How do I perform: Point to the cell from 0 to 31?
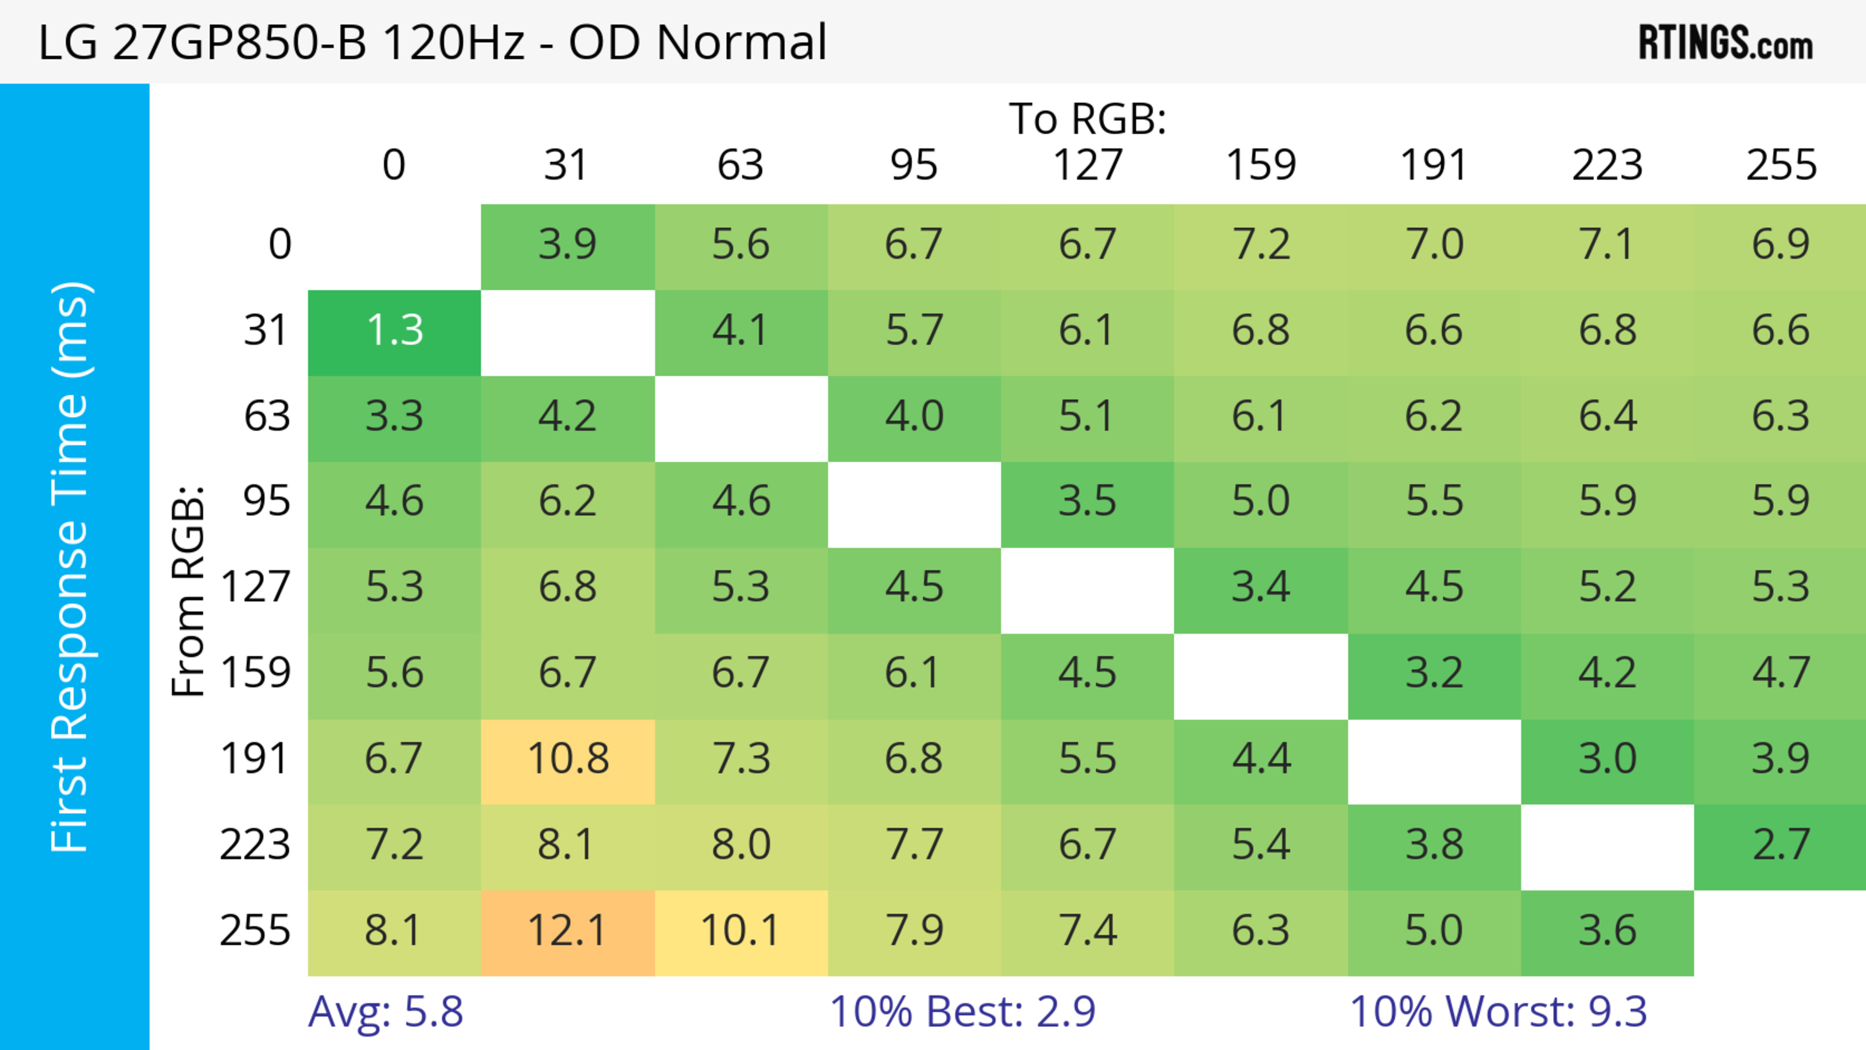(567, 245)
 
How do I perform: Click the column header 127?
(1088, 165)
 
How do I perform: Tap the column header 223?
(1607, 165)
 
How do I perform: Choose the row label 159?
(256, 673)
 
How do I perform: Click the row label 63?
(267, 417)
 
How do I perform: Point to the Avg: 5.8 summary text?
(385, 1012)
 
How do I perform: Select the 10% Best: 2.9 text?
(962, 1012)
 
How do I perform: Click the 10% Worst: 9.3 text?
(1498, 1012)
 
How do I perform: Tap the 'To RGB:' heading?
(1088, 119)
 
